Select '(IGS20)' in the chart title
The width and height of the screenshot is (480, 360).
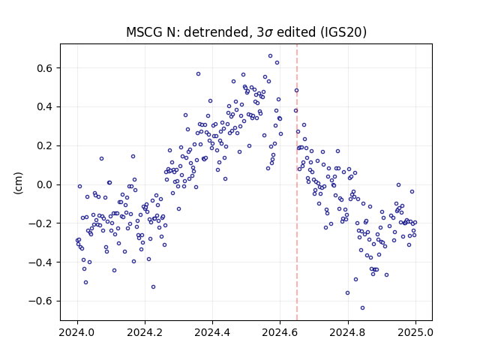(x=343, y=32)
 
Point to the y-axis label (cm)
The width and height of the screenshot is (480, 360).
(x=18, y=183)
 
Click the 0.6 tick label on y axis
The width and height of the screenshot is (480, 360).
(x=45, y=68)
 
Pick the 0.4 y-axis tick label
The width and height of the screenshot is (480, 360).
(x=45, y=107)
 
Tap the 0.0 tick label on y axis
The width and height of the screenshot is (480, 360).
(x=45, y=185)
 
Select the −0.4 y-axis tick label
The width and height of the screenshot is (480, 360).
(x=40, y=262)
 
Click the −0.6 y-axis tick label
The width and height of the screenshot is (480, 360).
(x=40, y=301)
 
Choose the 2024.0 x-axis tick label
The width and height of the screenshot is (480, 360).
(x=76, y=332)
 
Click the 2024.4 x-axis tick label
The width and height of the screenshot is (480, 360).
(x=212, y=332)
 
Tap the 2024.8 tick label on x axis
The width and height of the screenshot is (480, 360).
(x=347, y=332)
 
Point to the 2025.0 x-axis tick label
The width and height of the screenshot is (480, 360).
(x=415, y=332)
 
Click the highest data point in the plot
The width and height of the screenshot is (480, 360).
(x=270, y=56)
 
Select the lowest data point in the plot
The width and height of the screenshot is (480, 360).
(x=362, y=308)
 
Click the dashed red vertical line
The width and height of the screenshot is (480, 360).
(x=297, y=182)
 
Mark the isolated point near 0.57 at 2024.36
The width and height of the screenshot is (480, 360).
(x=198, y=74)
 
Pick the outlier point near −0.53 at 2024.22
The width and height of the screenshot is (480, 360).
(x=153, y=287)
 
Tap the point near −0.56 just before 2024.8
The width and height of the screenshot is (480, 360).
(x=347, y=293)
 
